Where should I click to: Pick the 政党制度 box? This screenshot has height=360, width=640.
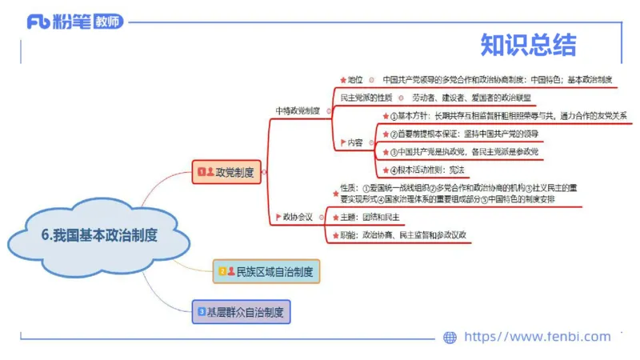[228, 171]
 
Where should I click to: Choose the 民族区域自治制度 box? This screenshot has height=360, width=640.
[267, 271]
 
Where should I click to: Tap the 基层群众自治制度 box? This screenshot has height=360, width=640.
[242, 311]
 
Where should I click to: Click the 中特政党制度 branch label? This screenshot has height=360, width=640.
[297, 111]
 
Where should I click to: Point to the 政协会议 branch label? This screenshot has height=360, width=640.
[297, 216]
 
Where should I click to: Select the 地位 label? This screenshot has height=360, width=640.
[354, 80]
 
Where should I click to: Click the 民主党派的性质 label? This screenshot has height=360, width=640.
[360, 98]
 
